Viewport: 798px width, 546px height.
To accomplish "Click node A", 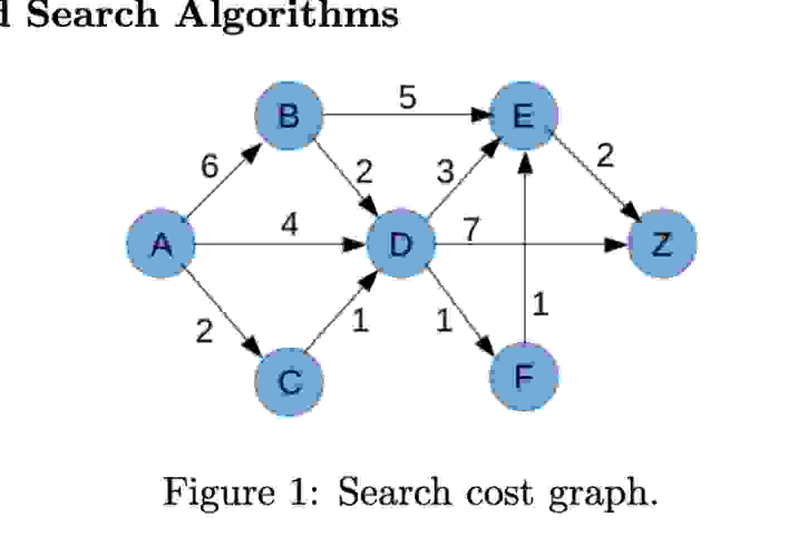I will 161,244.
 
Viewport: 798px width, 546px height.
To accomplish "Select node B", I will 289,116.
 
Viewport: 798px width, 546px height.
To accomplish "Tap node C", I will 289,382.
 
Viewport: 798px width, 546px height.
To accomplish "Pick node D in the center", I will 400,243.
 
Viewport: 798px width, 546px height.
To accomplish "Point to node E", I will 523,116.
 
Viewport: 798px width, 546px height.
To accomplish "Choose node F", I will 523,377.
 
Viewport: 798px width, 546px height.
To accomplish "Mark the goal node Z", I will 662,243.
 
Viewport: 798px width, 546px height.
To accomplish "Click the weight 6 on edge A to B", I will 210,167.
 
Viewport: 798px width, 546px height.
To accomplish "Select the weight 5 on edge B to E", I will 407,97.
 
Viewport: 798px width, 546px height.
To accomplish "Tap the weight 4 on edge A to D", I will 289,225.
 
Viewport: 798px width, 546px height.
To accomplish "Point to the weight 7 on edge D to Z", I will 471,229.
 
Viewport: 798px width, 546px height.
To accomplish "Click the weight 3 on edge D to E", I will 445,172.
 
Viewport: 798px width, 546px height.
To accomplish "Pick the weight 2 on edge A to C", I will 205,331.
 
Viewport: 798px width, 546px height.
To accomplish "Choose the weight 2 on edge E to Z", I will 605,155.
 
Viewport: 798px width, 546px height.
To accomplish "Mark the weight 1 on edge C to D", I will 361,320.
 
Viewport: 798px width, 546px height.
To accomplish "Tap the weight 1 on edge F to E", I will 540,304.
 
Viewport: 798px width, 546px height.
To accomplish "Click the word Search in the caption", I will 394,493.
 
